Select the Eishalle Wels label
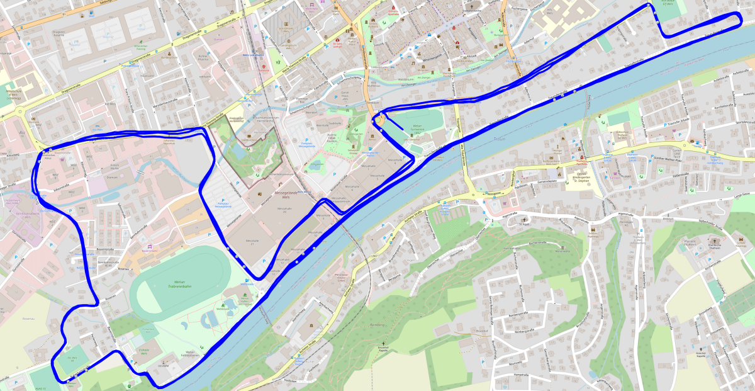coord(142,353)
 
